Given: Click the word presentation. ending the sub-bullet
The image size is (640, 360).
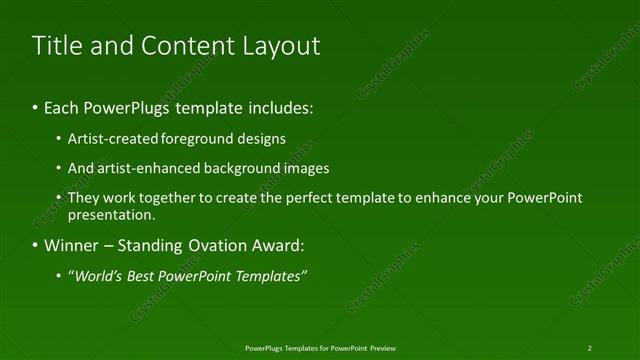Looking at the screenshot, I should point(111,215).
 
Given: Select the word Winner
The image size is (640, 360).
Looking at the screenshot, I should point(69,245).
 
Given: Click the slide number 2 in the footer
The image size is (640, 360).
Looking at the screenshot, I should point(589,347).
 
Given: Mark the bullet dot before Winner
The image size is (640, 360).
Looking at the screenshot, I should point(36,245).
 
